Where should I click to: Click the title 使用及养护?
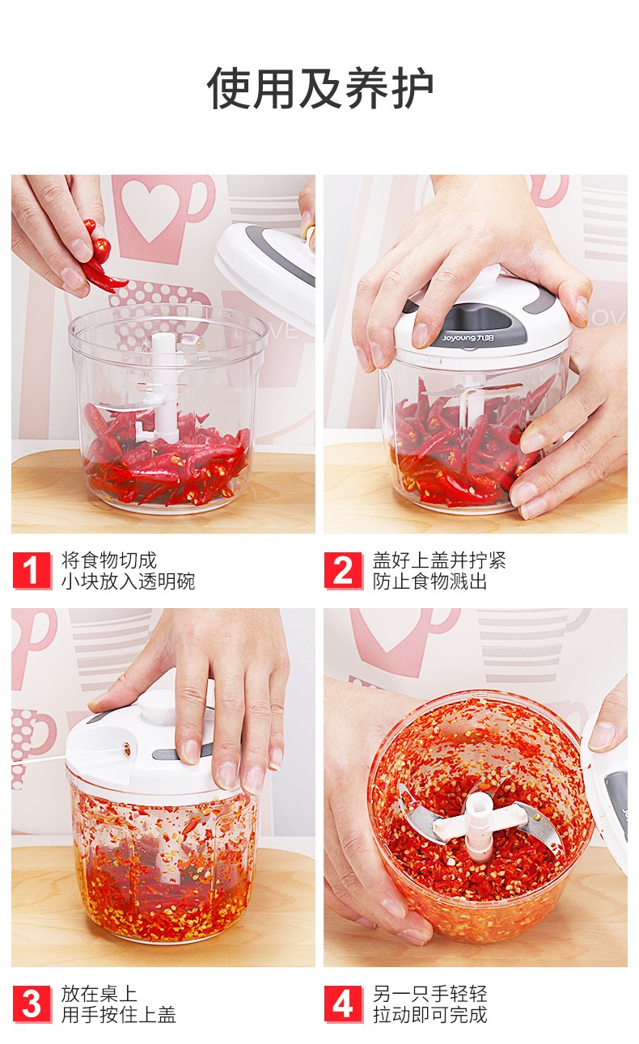pyautogui.click(x=319, y=88)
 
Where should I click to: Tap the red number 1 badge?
pyautogui.click(x=32, y=570)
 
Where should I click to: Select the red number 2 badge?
pyautogui.click(x=344, y=570)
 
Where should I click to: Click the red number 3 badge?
pyautogui.click(x=32, y=1004)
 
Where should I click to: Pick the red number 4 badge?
pyautogui.click(x=344, y=1004)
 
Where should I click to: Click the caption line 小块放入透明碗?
pyautogui.click(x=128, y=581)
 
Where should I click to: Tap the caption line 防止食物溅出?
pyautogui.click(x=430, y=581)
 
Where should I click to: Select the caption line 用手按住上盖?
pyautogui.click(x=118, y=1015)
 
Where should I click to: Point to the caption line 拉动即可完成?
pyautogui.click(x=430, y=1015)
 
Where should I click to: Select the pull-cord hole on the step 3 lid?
pyautogui.click(x=126, y=749)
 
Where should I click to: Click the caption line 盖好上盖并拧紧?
pyautogui.click(x=439, y=560)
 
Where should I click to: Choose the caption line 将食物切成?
pyautogui.click(x=109, y=560)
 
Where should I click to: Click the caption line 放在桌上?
pyautogui.click(x=99, y=994)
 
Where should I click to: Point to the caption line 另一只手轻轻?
pyautogui.click(x=430, y=994)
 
